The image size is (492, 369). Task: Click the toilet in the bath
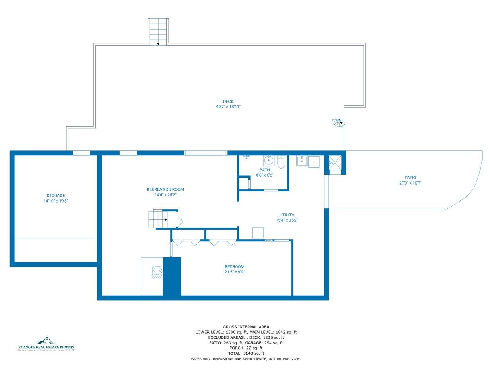click(x=281, y=162)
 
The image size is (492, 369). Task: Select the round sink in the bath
click(x=269, y=160)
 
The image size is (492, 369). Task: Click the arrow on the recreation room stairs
click(x=166, y=220)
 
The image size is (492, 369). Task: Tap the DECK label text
click(x=228, y=102)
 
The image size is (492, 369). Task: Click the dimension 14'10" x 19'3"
click(x=55, y=201)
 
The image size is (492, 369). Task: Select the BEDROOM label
click(x=235, y=266)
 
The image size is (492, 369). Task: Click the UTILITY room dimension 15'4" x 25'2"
click(x=287, y=220)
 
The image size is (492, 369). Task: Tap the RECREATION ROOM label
click(x=165, y=189)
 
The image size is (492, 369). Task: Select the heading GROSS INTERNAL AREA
click(x=246, y=327)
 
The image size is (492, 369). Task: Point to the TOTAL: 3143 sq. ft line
click(x=246, y=353)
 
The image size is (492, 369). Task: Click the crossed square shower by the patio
click(x=333, y=163)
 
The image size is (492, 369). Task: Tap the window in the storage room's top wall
click(x=81, y=153)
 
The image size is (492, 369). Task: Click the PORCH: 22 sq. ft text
click(x=246, y=348)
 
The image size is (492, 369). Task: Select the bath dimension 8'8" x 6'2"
click(x=264, y=175)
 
